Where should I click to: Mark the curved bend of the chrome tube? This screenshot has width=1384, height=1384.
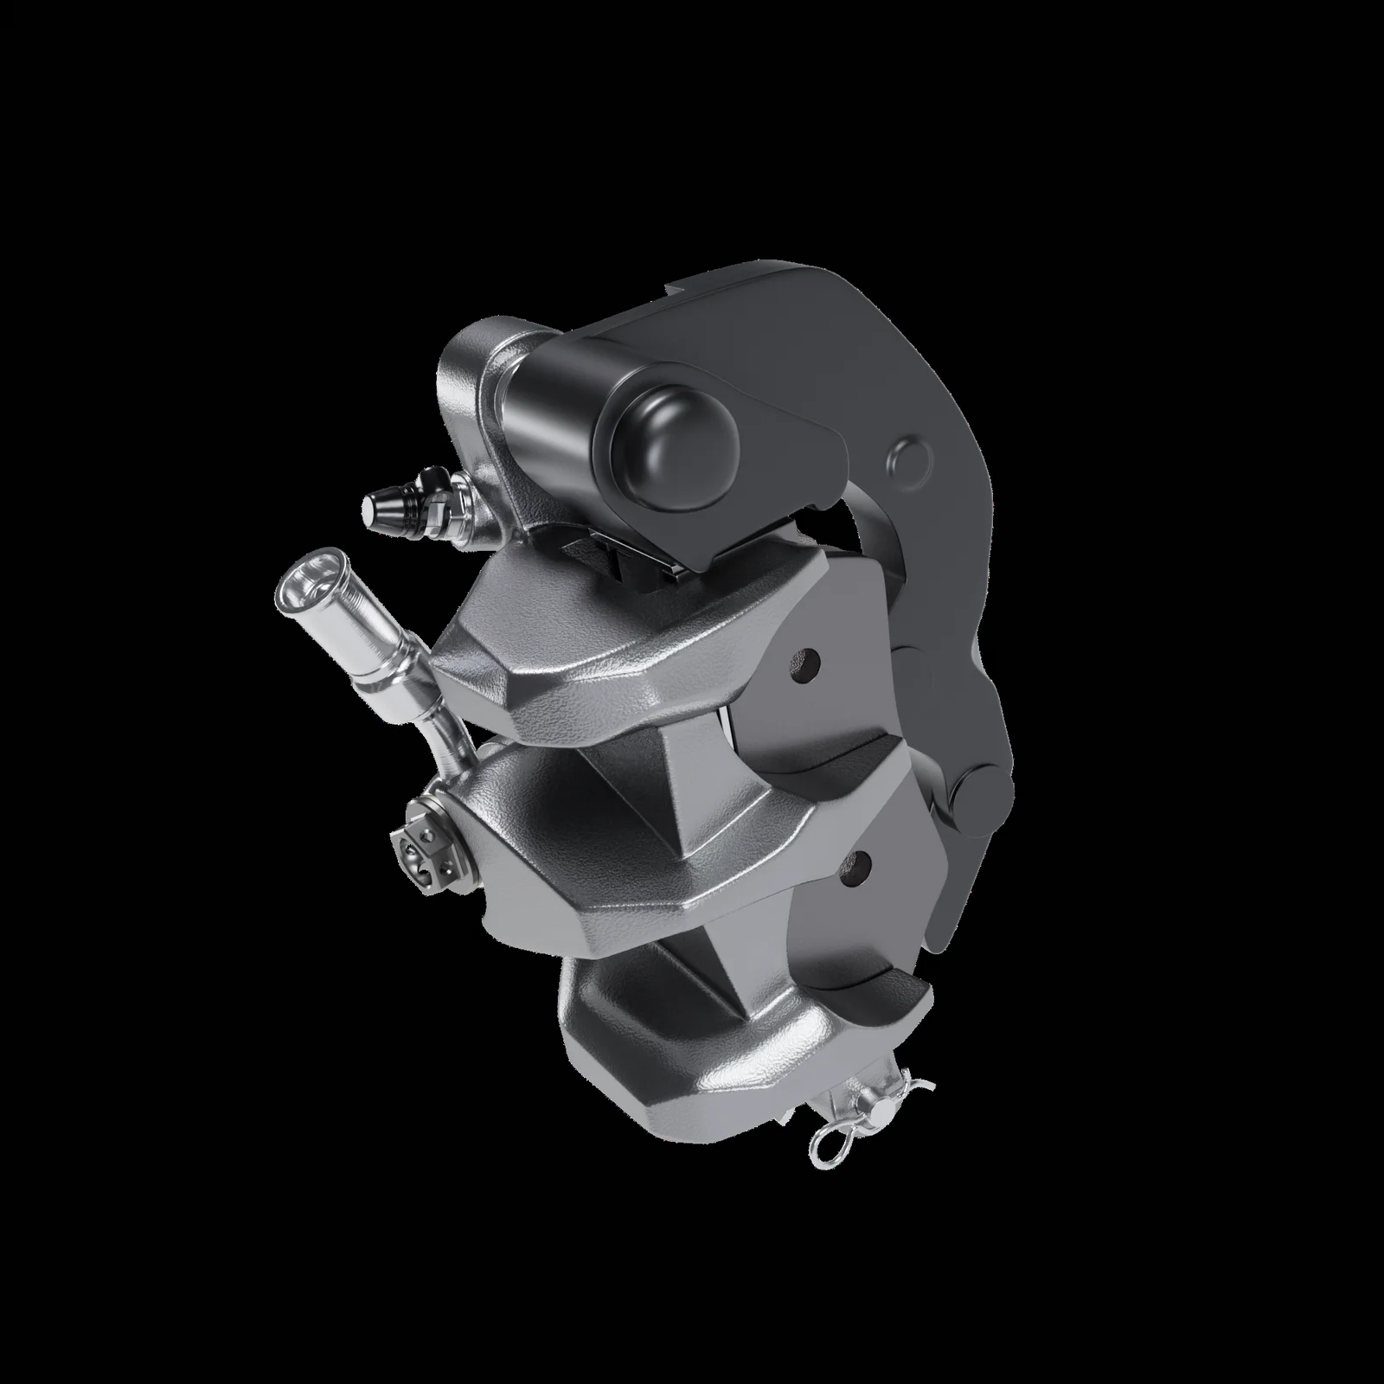click(450, 735)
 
